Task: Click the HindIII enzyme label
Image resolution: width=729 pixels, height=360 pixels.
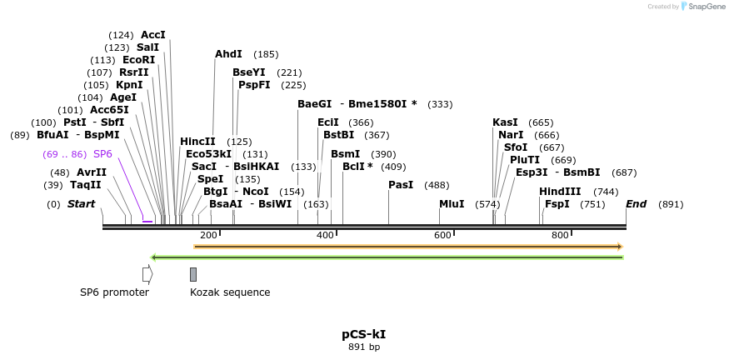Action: click(560, 191)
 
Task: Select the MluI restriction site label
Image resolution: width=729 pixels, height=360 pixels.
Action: click(452, 204)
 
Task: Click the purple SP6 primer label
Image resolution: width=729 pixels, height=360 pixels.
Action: click(102, 154)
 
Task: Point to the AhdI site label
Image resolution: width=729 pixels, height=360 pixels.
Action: click(228, 54)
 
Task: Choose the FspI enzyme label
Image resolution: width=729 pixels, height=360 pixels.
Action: click(557, 204)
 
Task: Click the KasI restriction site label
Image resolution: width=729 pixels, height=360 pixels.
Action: click(505, 122)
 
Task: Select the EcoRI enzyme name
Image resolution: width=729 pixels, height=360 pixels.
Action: click(138, 60)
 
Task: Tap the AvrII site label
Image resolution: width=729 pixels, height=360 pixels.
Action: click(92, 172)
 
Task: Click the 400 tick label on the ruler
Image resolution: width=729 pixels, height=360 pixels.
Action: click(325, 235)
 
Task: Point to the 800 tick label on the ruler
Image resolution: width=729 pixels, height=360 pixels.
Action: click(560, 235)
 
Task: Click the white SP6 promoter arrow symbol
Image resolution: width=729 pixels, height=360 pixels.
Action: click(147, 274)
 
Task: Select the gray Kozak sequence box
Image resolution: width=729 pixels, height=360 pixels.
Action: click(193, 274)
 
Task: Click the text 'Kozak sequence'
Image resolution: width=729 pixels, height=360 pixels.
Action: click(230, 292)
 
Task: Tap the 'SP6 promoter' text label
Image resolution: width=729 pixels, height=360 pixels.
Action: click(114, 292)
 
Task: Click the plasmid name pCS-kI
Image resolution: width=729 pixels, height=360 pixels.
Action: click(363, 334)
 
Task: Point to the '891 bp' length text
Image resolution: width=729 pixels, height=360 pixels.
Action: click(364, 347)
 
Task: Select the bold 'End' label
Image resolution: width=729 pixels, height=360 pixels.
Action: click(636, 204)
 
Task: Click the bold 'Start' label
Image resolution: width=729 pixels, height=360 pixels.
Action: click(81, 204)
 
